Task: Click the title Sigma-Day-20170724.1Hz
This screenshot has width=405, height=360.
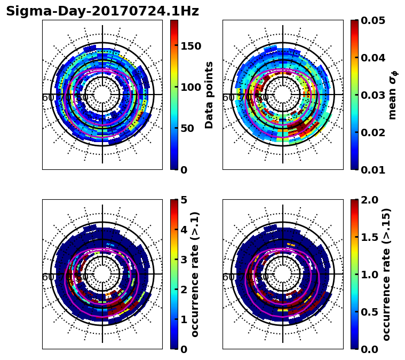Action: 102,11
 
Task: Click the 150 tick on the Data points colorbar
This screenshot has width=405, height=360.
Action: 190,46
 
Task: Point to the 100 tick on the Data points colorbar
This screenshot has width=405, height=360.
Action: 190,87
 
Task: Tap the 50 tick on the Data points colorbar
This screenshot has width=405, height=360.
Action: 187,128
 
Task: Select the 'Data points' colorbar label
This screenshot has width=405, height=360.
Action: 209,95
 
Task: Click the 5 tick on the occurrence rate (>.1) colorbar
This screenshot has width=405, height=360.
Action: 183,200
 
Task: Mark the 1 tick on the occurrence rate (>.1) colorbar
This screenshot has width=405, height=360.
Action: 183,319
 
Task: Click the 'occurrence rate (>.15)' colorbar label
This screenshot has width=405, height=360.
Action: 387,274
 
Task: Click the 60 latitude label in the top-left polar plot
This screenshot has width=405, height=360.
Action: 47,98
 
